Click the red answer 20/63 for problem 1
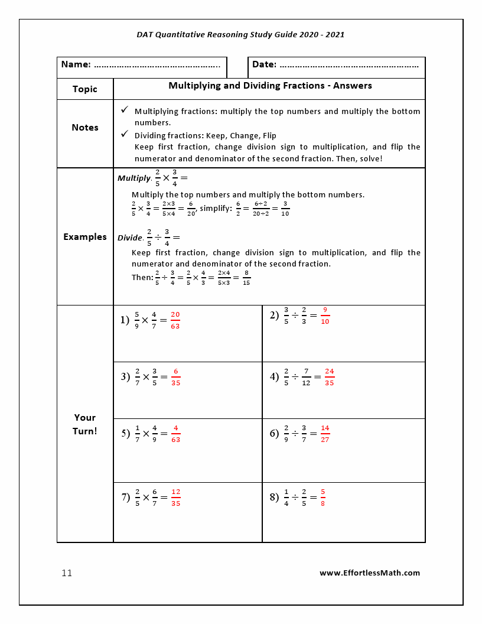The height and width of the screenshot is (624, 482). tap(175, 320)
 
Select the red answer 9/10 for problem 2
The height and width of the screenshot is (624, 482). tap(325, 316)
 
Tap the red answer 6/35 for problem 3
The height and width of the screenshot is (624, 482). tap(175, 377)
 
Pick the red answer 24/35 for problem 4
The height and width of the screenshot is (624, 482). tap(329, 377)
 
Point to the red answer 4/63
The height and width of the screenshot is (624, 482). tap(175, 434)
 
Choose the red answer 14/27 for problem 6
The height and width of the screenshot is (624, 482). tap(325, 434)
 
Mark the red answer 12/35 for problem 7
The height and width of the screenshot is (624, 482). tap(175, 498)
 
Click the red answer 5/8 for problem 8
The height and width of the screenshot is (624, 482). tap(323, 498)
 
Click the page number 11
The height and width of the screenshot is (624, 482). tap(67, 573)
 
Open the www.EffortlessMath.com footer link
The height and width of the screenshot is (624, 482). tap(370, 573)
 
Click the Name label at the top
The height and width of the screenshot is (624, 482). tap(76, 64)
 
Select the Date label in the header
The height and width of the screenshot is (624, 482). tap(264, 64)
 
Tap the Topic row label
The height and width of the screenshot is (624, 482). tap(85, 89)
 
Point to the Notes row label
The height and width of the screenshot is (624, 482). tap(85, 128)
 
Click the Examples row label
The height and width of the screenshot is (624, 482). tap(85, 237)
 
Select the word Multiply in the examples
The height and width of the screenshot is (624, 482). tap(133, 178)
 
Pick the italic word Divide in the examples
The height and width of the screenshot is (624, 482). tap(129, 238)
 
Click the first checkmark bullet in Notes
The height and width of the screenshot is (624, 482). tap(125, 110)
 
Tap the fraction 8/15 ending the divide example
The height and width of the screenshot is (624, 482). tap(246, 278)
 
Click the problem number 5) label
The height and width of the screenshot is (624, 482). tap(125, 434)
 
